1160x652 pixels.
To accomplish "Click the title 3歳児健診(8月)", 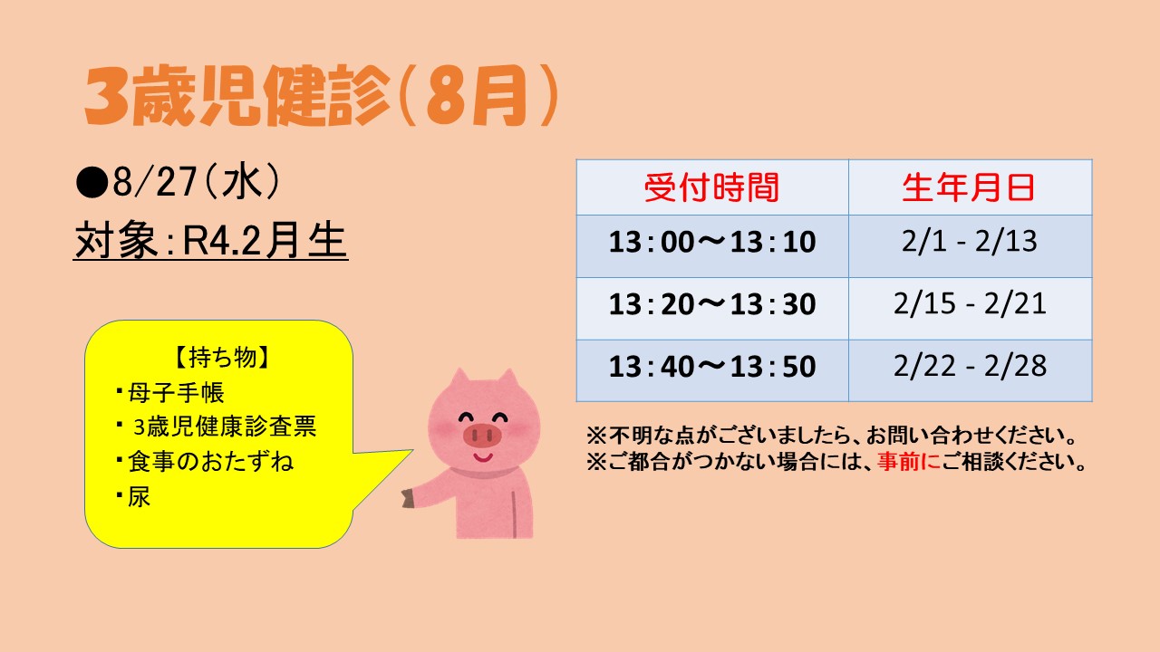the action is pyautogui.click(x=321, y=96).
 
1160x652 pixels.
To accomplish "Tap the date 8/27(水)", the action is pyautogui.click(x=196, y=182).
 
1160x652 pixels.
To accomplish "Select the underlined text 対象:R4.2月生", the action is pyautogui.click(x=210, y=241).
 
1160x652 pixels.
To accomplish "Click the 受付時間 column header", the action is pyautogui.click(x=712, y=187).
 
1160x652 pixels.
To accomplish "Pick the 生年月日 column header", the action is pyautogui.click(x=969, y=187).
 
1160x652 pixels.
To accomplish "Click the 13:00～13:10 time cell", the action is pyautogui.click(x=712, y=242).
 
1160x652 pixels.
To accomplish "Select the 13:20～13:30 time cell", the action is pyautogui.click(x=712, y=303).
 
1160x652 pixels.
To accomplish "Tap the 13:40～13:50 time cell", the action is pyautogui.click(x=712, y=367).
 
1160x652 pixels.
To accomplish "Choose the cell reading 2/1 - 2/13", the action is pyautogui.click(x=970, y=241).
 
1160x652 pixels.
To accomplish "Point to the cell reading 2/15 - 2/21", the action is pyautogui.click(x=970, y=303).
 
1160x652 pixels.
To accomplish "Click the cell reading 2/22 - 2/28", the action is pyautogui.click(x=970, y=366).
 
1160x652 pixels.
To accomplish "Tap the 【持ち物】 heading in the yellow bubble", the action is pyautogui.click(x=222, y=357).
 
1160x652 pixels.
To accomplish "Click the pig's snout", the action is pyautogui.click(x=482, y=436).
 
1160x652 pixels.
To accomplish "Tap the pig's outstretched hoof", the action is pyautogui.click(x=408, y=499).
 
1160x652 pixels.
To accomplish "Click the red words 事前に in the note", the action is pyautogui.click(x=909, y=462).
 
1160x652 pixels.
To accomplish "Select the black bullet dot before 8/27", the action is pyautogui.click(x=92, y=183).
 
